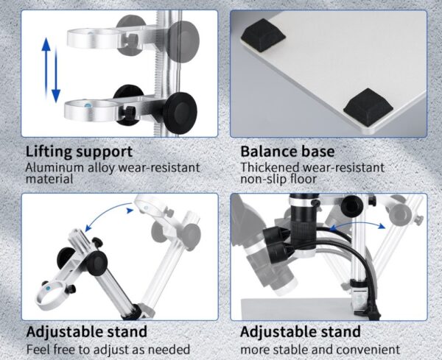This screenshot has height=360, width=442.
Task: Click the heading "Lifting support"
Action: click(80, 152)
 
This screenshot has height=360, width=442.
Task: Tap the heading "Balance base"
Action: click(287, 152)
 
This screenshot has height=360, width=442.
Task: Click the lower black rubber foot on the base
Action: click(366, 106)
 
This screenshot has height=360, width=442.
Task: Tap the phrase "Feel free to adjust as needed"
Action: click(108, 349)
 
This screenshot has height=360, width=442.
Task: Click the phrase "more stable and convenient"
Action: click(320, 349)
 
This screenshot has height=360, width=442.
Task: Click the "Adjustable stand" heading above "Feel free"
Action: click(87, 332)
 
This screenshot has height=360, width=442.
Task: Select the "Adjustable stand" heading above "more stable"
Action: click(301, 332)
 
